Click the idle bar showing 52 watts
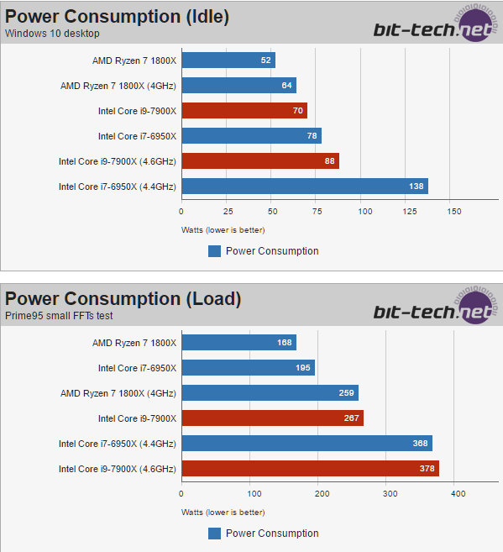tap(228, 60)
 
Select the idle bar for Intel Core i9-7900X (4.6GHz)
tap(259, 161)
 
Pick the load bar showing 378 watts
tap(310, 469)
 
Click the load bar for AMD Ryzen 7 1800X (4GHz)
tap(270, 393)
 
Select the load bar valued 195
tap(248, 368)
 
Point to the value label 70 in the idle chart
tap(297, 111)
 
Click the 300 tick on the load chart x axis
tap(389, 494)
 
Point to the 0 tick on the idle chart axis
tap(181, 212)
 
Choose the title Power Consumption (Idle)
tap(118, 16)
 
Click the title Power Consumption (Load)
tap(123, 298)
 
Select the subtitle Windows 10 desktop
tap(52, 33)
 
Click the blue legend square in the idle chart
tap(214, 250)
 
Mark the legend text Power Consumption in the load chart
tap(272, 533)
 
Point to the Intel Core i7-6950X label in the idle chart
tap(138, 136)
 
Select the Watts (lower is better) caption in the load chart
tap(224, 512)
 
